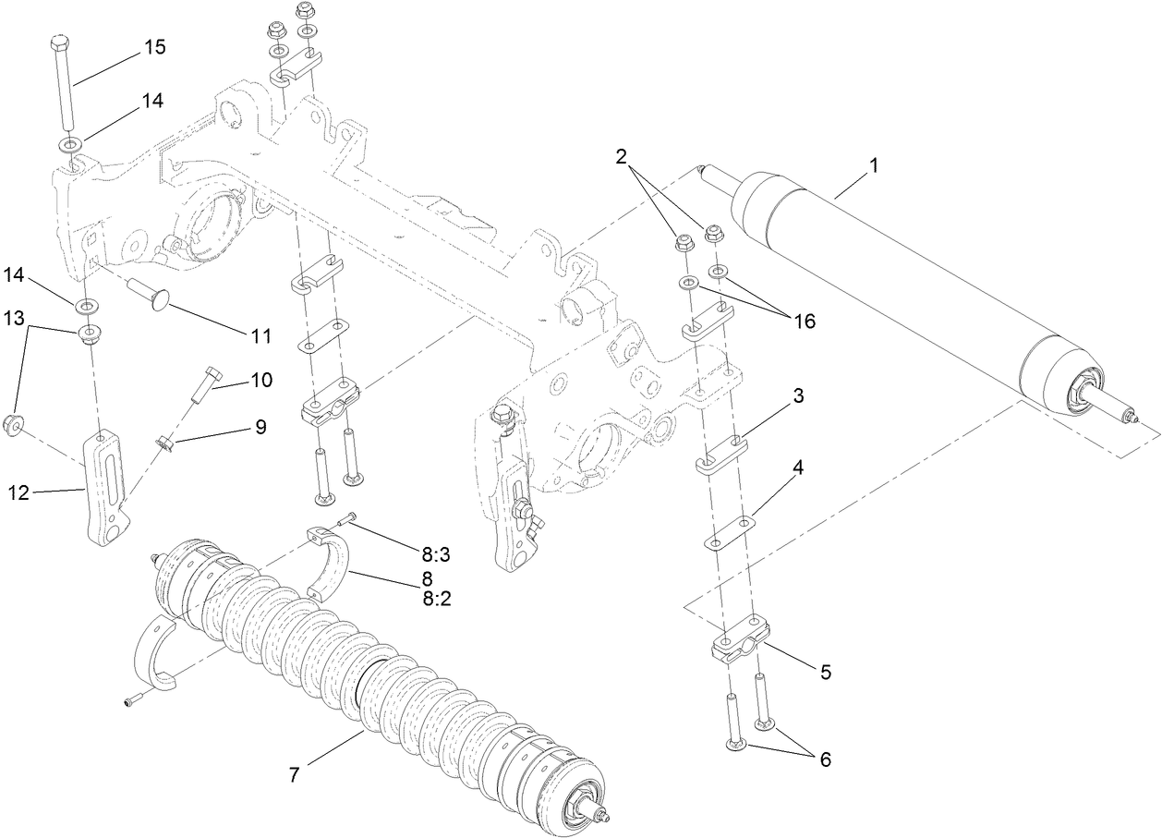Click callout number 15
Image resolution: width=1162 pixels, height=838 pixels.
pyautogui.click(x=154, y=47)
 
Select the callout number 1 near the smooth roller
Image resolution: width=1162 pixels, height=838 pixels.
pyautogui.click(x=874, y=166)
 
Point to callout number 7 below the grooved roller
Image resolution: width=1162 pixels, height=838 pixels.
pyautogui.click(x=295, y=774)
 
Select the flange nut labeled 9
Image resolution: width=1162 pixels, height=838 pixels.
pyautogui.click(x=166, y=444)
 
